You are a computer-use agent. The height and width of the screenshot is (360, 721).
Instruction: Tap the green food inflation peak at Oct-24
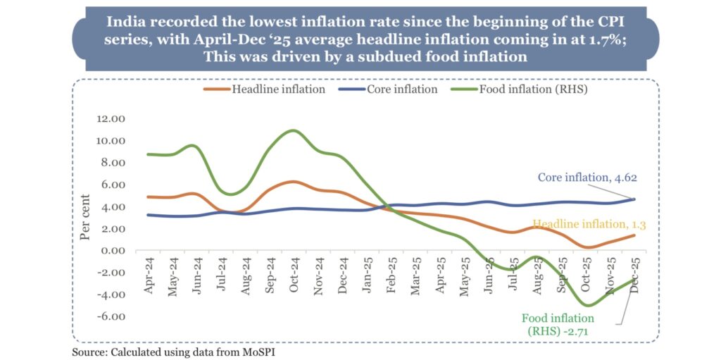point(293,131)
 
